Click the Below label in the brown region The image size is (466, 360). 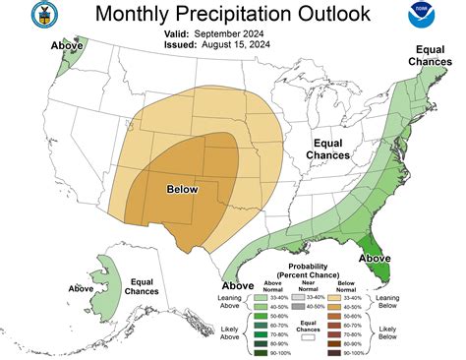point(183,190)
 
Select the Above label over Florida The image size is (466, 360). point(374,259)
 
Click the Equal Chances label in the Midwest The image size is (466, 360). point(327,149)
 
